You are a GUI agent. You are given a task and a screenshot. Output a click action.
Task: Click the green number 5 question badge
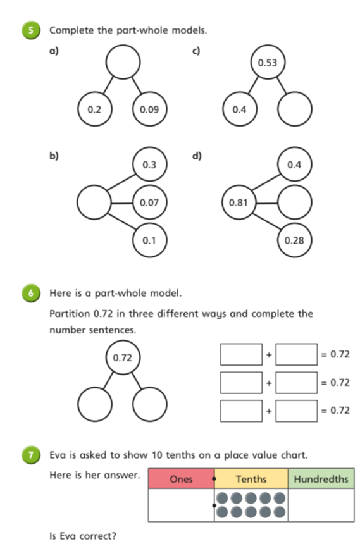click(30, 30)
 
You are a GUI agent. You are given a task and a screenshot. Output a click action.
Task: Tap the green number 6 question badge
click(30, 293)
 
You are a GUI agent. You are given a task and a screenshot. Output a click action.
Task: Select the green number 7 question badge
click(30, 455)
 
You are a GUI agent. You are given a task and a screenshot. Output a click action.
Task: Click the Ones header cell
click(182, 479)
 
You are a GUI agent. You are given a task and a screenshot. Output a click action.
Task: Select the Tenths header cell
click(251, 479)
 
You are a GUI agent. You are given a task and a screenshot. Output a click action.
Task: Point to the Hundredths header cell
click(321, 479)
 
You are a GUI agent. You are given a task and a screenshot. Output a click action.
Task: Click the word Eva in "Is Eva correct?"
click(67, 536)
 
